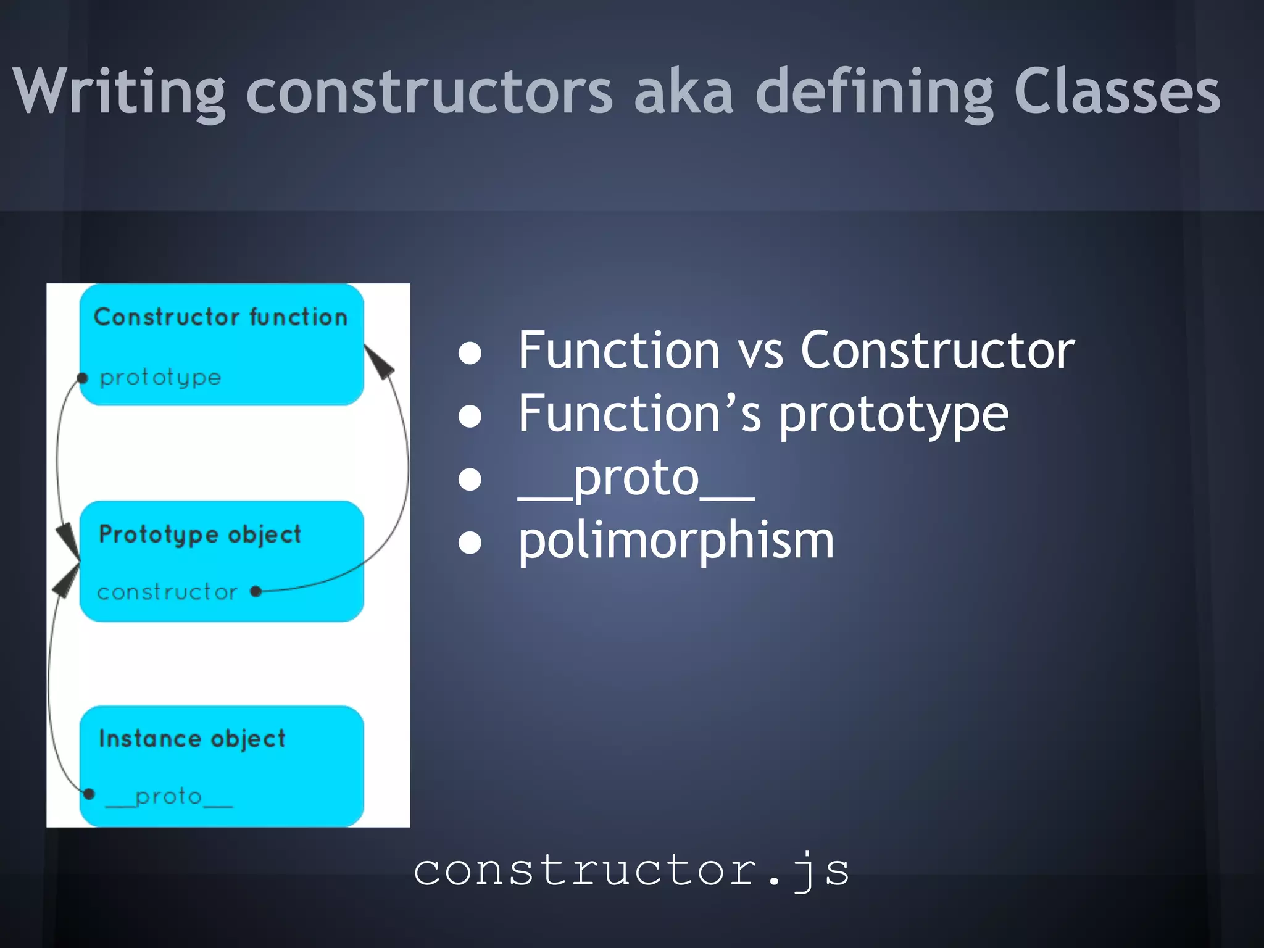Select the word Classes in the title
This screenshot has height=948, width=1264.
1116,91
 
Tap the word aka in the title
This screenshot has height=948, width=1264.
684,91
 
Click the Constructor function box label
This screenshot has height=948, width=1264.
220,317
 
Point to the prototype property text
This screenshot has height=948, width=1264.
160,377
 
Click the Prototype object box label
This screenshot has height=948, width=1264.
200,534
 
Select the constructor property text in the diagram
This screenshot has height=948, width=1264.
167,592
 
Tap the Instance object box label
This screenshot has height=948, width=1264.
192,739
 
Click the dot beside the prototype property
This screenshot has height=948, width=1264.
82,378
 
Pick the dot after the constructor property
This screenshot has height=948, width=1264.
256,592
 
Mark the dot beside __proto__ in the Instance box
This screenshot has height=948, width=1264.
89,794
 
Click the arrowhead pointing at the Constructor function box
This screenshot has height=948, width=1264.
380,362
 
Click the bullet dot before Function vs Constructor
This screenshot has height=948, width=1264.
470,353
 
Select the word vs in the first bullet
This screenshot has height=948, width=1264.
760,351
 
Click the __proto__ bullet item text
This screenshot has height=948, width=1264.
636,479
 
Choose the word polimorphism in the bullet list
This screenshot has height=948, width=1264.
676,541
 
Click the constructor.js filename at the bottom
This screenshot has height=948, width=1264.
631,870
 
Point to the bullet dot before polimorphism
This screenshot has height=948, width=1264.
470,543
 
